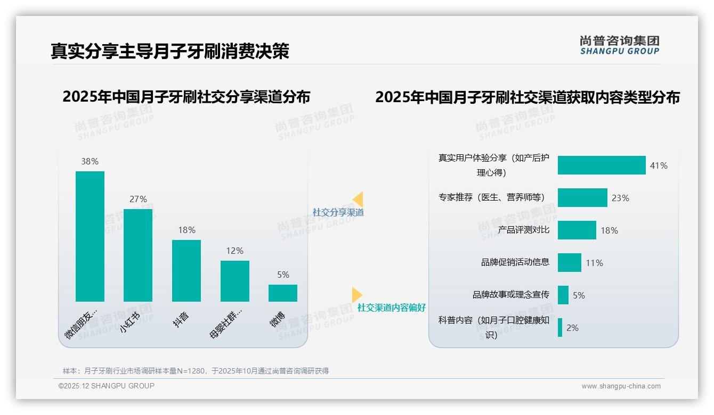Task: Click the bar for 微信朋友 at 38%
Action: click(x=90, y=236)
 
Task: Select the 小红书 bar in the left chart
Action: click(x=138, y=255)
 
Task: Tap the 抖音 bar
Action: click(x=186, y=271)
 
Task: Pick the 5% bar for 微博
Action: click(x=283, y=293)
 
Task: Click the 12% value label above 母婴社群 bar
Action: click(x=234, y=251)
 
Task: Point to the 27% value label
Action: click(x=138, y=199)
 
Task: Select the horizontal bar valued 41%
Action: click(x=602, y=165)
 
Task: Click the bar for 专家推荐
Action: click(x=582, y=197)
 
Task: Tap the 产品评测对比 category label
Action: click(x=523, y=230)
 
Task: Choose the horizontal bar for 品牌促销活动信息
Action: click(x=570, y=262)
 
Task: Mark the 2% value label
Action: click(x=572, y=328)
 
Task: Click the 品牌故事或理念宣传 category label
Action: click(x=510, y=295)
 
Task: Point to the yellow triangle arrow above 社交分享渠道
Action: click(x=358, y=200)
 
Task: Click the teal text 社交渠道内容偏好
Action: click(x=391, y=308)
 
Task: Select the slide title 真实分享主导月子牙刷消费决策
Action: click(x=170, y=51)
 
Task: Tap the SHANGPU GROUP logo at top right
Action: click(x=619, y=45)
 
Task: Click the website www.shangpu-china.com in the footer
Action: click(x=621, y=386)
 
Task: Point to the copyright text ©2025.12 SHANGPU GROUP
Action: click(x=107, y=386)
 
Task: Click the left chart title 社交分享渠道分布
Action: click(x=186, y=97)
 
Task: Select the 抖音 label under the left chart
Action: click(x=181, y=319)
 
